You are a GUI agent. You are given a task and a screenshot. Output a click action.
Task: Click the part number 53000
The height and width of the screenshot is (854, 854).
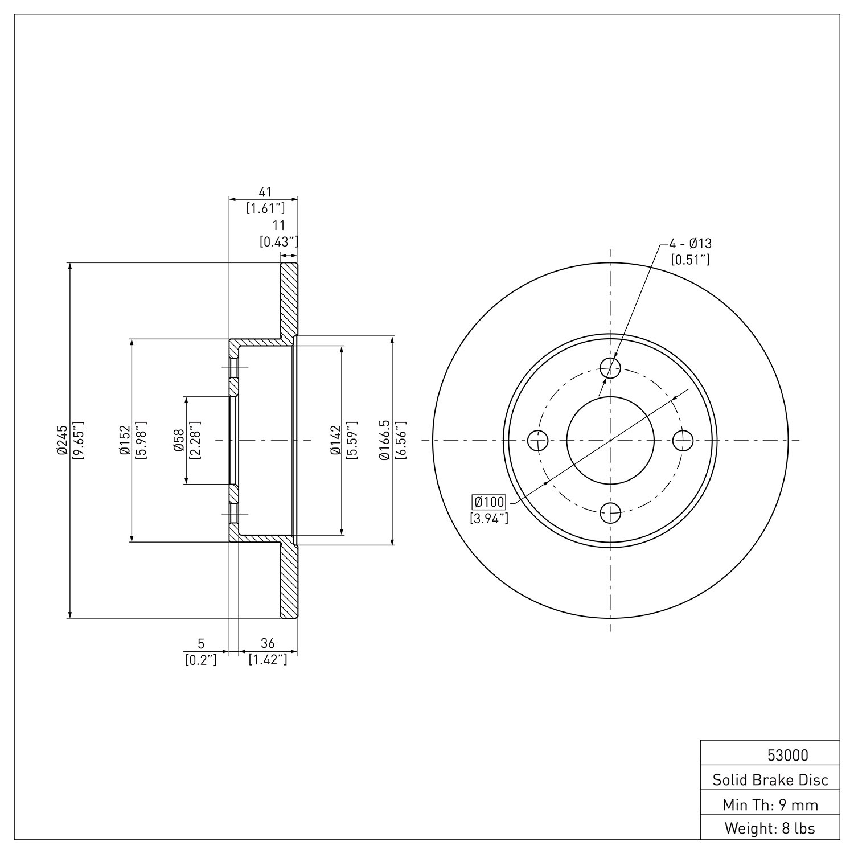tap(787, 755)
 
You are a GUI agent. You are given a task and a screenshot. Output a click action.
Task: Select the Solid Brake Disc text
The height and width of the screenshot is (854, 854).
tap(770, 779)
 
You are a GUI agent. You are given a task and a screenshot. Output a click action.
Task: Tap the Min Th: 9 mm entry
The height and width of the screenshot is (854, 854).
tap(770, 804)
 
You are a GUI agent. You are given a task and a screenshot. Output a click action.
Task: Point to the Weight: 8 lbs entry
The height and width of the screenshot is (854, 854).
tap(770, 828)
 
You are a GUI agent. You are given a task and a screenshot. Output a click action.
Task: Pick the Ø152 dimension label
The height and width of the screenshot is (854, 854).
tap(125, 440)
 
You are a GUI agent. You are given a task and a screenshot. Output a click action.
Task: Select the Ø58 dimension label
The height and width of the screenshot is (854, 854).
tap(179, 440)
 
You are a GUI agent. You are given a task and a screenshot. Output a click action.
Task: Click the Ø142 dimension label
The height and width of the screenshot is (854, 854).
tap(335, 440)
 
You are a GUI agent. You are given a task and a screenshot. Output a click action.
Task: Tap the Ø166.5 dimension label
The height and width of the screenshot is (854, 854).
tap(385, 440)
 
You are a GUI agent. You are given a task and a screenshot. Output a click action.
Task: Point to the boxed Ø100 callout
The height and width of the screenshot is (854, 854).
tap(489, 502)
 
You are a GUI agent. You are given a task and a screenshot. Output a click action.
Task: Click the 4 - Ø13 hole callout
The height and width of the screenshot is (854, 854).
tap(690, 244)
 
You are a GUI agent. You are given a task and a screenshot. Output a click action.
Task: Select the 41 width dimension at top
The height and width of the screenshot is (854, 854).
tap(265, 191)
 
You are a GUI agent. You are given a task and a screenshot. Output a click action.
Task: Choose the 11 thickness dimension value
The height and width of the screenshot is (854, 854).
tap(278, 225)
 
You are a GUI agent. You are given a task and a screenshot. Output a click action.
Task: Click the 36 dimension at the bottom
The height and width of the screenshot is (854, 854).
tap(268, 643)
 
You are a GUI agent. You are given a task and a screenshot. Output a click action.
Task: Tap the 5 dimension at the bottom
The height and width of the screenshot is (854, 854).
tap(200, 643)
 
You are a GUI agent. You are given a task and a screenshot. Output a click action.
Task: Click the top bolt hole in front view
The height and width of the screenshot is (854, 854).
tap(610, 367)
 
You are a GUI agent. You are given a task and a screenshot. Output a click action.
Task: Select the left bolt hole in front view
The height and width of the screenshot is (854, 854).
tap(537, 440)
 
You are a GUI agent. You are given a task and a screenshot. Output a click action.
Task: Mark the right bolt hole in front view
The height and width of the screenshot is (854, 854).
tap(683, 440)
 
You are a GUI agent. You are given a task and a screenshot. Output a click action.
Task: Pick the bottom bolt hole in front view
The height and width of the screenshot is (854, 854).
tap(610, 512)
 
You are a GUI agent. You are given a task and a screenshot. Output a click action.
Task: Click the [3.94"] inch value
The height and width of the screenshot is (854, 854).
tap(489, 518)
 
